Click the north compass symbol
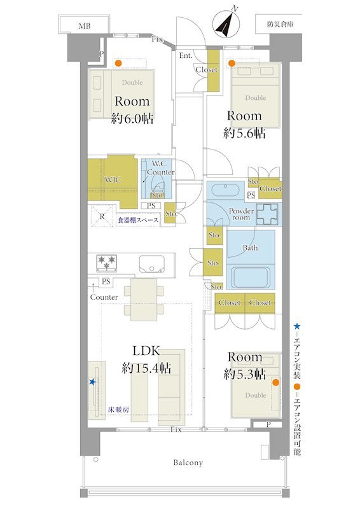(226, 25)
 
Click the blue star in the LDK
(92, 382)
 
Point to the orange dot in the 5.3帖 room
(275, 382)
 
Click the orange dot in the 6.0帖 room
(119, 63)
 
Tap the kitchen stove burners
(107, 263)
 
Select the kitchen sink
(152, 263)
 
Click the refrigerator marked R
(102, 216)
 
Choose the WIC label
(113, 180)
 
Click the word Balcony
(188, 463)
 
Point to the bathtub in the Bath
(251, 276)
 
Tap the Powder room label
(241, 214)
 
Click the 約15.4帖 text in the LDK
(146, 368)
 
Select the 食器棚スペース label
(138, 220)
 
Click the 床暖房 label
(118, 410)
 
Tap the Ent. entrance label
(186, 55)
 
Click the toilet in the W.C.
(158, 190)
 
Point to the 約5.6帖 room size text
(244, 133)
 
